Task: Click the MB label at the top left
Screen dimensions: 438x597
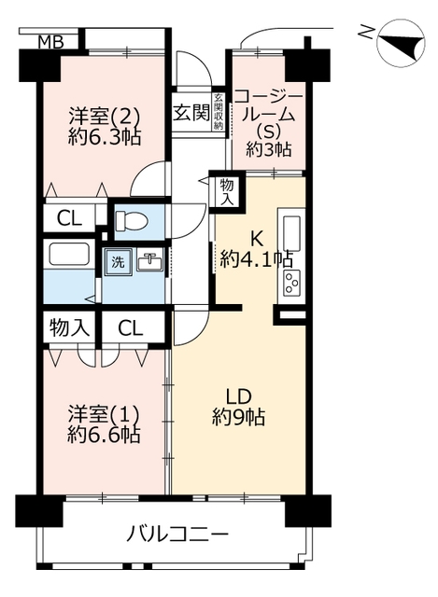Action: pos(51,42)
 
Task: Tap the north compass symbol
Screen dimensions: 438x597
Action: pos(401,46)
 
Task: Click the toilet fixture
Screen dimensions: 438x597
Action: pos(131,221)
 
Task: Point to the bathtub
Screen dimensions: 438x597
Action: pos(68,255)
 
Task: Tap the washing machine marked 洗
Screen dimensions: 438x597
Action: pos(119,261)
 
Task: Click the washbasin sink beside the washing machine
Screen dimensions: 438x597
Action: pos(149,261)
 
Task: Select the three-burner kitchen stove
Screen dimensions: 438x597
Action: pos(292,284)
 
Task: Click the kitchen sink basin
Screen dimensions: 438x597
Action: pos(291,233)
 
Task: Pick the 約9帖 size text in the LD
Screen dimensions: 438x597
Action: pos(239,417)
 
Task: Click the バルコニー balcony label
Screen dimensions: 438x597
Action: pos(177,534)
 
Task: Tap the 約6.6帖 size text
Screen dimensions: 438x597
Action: pos(104,434)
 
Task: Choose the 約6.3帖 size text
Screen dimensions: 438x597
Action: pos(105,136)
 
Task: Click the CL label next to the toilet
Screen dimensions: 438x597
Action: pos(69,218)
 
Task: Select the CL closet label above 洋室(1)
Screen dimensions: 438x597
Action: pos(131,327)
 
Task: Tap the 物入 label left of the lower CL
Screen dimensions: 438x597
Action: pos(70,327)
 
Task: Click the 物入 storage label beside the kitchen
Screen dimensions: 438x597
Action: pos(227,192)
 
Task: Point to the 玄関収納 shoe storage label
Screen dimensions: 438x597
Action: pos(218,112)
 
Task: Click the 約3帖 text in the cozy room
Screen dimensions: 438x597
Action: pos(269,149)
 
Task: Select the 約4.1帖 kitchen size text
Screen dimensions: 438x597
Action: pos(256,259)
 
